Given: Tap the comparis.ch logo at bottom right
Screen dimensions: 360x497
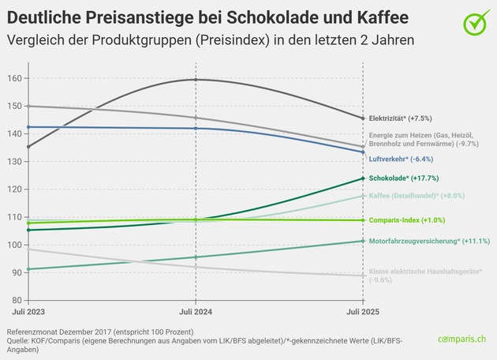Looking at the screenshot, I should click(x=465, y=338).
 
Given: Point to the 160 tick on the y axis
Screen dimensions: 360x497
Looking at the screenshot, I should click(x=15, y=78).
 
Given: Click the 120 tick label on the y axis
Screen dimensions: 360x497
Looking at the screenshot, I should click(x=15, y=189).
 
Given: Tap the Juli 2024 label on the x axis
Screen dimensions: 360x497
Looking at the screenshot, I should click(x=195, y=313).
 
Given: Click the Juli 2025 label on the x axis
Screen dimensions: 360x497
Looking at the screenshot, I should click(x=361, y=313).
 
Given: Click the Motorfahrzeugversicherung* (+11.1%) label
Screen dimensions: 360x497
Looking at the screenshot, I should click(x=431, y=240).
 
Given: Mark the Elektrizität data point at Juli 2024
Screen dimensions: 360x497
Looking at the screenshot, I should click(x=195, y=80).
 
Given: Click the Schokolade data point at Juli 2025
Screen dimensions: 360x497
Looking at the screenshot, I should click(x=362, y=178).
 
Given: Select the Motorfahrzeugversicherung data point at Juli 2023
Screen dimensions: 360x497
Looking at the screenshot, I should click(x=28, y=269).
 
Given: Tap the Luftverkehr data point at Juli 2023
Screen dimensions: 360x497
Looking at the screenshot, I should click(x=28, y=127).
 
